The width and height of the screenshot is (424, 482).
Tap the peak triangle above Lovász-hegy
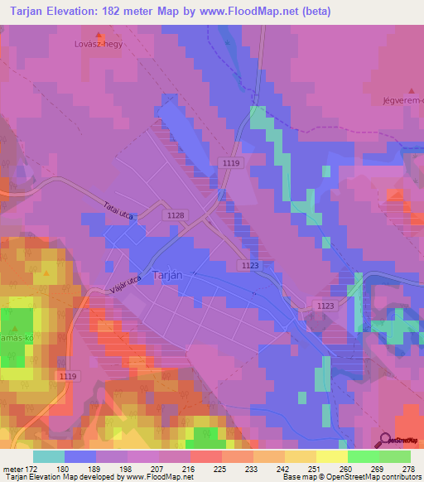tap(99, 35)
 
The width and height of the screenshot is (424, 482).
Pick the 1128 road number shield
tap(175, 215)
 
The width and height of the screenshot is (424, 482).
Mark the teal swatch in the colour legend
tap(49, 456)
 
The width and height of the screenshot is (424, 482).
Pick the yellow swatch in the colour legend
tap(331, 456)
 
